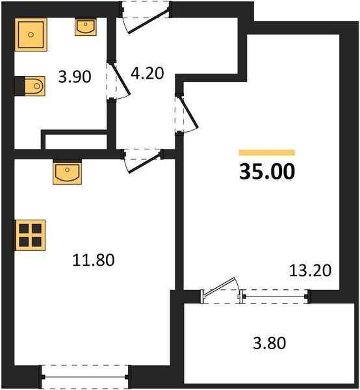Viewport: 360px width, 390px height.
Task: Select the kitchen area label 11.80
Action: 92,261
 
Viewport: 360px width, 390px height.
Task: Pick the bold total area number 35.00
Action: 267,172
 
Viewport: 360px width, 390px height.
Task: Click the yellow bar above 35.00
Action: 267,152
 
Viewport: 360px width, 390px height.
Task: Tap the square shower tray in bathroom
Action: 30,34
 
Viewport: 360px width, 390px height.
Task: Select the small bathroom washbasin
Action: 85,27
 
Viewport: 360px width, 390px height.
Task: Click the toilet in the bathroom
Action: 31,85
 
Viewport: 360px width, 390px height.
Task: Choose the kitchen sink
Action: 68,173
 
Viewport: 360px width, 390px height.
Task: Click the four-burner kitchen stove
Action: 30,235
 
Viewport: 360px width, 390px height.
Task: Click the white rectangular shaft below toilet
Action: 74,141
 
